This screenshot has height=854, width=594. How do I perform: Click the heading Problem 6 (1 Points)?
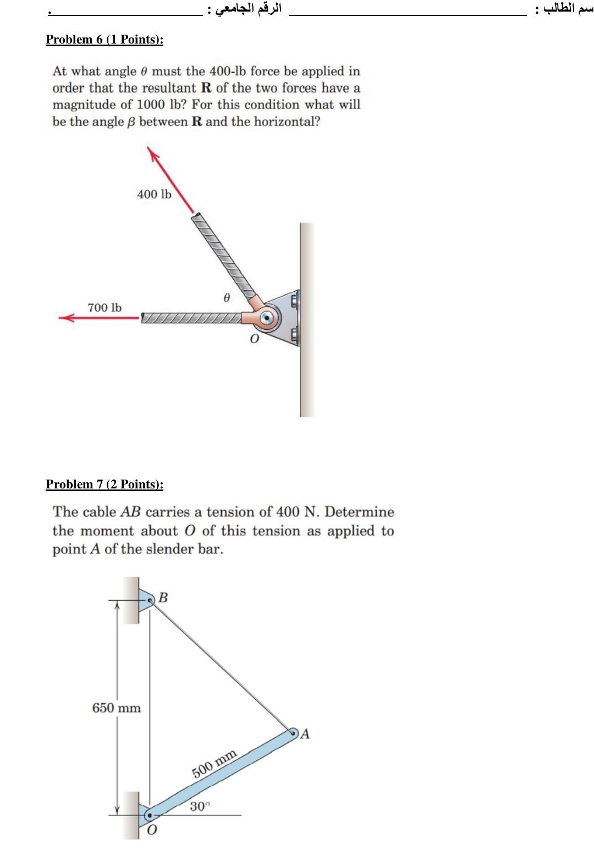click(x=105, y=40)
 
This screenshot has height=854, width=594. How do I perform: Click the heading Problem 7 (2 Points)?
click(x=105, y=485)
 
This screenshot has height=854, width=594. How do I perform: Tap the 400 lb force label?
click(x=154, y=194)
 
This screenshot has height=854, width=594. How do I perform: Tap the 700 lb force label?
click(x=105, y=308)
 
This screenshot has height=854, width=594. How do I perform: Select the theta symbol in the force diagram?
click(x=226, y=297)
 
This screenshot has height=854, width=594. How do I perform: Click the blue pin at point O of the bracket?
click(x=267, y=318)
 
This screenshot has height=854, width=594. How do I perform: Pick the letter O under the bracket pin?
click(x=254, y=339)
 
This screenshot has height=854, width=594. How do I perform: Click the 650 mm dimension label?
click(x=116, y=708)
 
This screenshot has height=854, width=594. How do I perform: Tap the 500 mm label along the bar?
click(x=215, y=763)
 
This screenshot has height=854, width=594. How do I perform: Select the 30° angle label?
click(x=200, y=807)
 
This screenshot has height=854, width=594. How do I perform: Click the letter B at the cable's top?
click(x=163, y=597)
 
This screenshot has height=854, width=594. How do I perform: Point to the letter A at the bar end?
click(x=305, y=734)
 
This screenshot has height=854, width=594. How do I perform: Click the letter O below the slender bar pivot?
click(x=152, y=830)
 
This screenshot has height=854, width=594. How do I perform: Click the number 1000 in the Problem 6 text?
click(x=150, y=105)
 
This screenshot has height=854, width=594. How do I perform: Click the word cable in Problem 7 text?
click(x=100, y=512)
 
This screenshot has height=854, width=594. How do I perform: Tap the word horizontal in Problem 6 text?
click(x=287, y=122)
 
